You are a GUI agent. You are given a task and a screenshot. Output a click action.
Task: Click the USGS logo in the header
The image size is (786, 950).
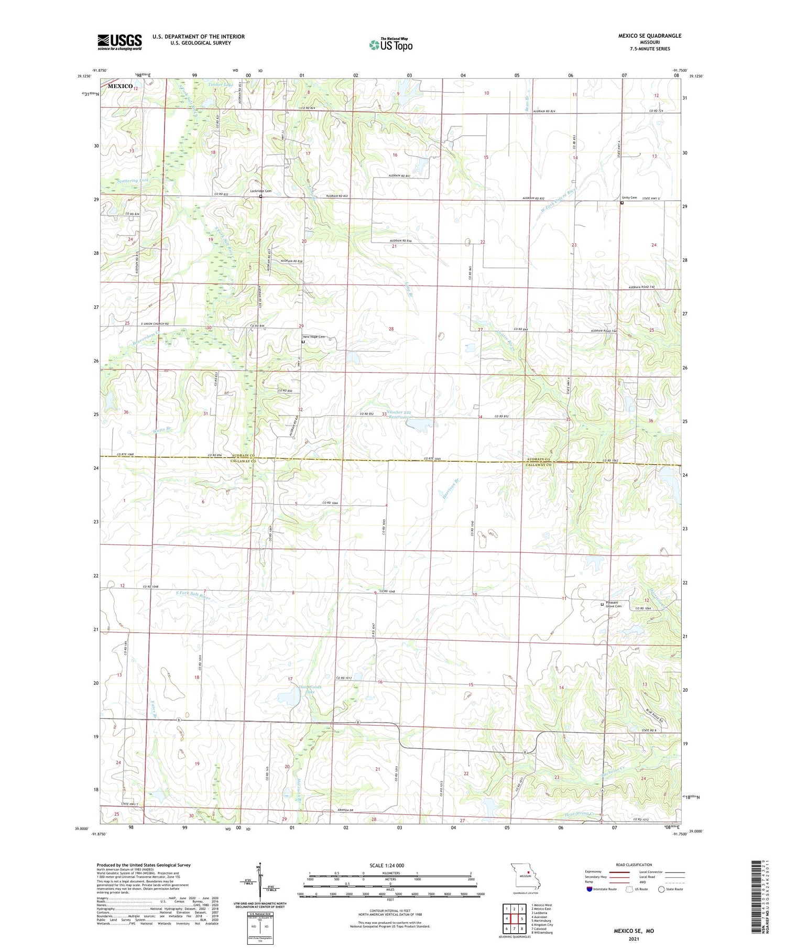click(x=119, y=42)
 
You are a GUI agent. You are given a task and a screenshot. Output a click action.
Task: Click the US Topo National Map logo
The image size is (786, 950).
click(x=390, y=45)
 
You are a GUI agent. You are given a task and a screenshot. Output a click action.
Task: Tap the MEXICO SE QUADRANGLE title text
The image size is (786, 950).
click(x=649, y=36)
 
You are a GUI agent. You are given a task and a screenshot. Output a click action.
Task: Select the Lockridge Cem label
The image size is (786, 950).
click(x=261, y=191)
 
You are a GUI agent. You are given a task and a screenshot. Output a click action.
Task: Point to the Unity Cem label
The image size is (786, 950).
click(x=629, y=198)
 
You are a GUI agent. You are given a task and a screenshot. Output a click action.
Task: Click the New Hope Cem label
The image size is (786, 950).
click(x=314, y=337)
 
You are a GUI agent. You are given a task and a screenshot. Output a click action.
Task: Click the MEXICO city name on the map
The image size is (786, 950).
click(x=120, y=86)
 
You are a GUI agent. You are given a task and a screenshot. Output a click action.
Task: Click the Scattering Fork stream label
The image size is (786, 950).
click(x=126, y=180)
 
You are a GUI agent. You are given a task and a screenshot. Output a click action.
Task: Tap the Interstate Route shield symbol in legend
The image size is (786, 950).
click(x=589, y=889)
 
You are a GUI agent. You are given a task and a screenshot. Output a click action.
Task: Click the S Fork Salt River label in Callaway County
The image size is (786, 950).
click(x=193, y=596)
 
